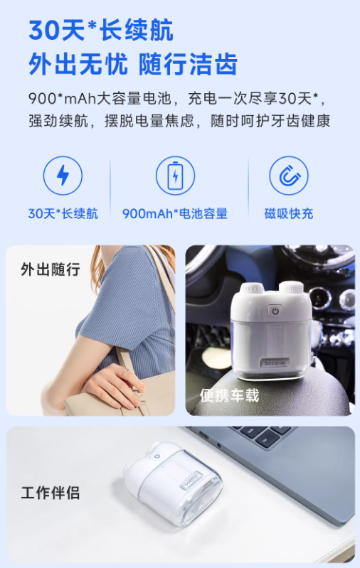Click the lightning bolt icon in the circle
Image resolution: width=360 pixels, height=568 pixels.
click(63, 176)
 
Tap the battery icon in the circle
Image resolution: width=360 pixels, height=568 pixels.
click(176, 176)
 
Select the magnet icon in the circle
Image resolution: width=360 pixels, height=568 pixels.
click(289, 176)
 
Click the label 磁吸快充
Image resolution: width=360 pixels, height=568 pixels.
click(289, 214)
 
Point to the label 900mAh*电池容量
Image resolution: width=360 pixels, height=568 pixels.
click(175, 214)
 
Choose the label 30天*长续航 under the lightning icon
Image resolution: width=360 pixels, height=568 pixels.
click(63, 214)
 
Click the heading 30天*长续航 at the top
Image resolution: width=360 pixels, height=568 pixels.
click(101, 30)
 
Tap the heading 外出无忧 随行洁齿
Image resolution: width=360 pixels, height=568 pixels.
click(133, 64)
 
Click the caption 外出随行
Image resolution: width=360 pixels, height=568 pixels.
click(51, 269)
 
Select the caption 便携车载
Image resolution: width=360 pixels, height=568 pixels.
click(230, 395)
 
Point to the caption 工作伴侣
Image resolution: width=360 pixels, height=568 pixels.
click(51, 493)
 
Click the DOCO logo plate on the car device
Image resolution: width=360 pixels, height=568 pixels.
click(275, 363)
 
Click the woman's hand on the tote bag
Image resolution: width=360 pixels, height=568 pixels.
click(112, 386)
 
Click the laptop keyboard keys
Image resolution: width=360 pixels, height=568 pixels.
click(262, 434)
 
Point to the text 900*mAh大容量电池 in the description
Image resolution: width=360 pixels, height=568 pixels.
click(100, 99)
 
